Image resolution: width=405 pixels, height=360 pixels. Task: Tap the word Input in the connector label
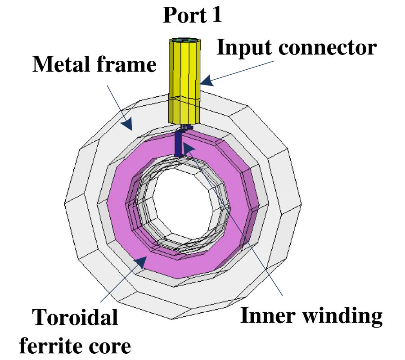point(242,47)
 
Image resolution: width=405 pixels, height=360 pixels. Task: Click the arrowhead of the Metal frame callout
point(128,124)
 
